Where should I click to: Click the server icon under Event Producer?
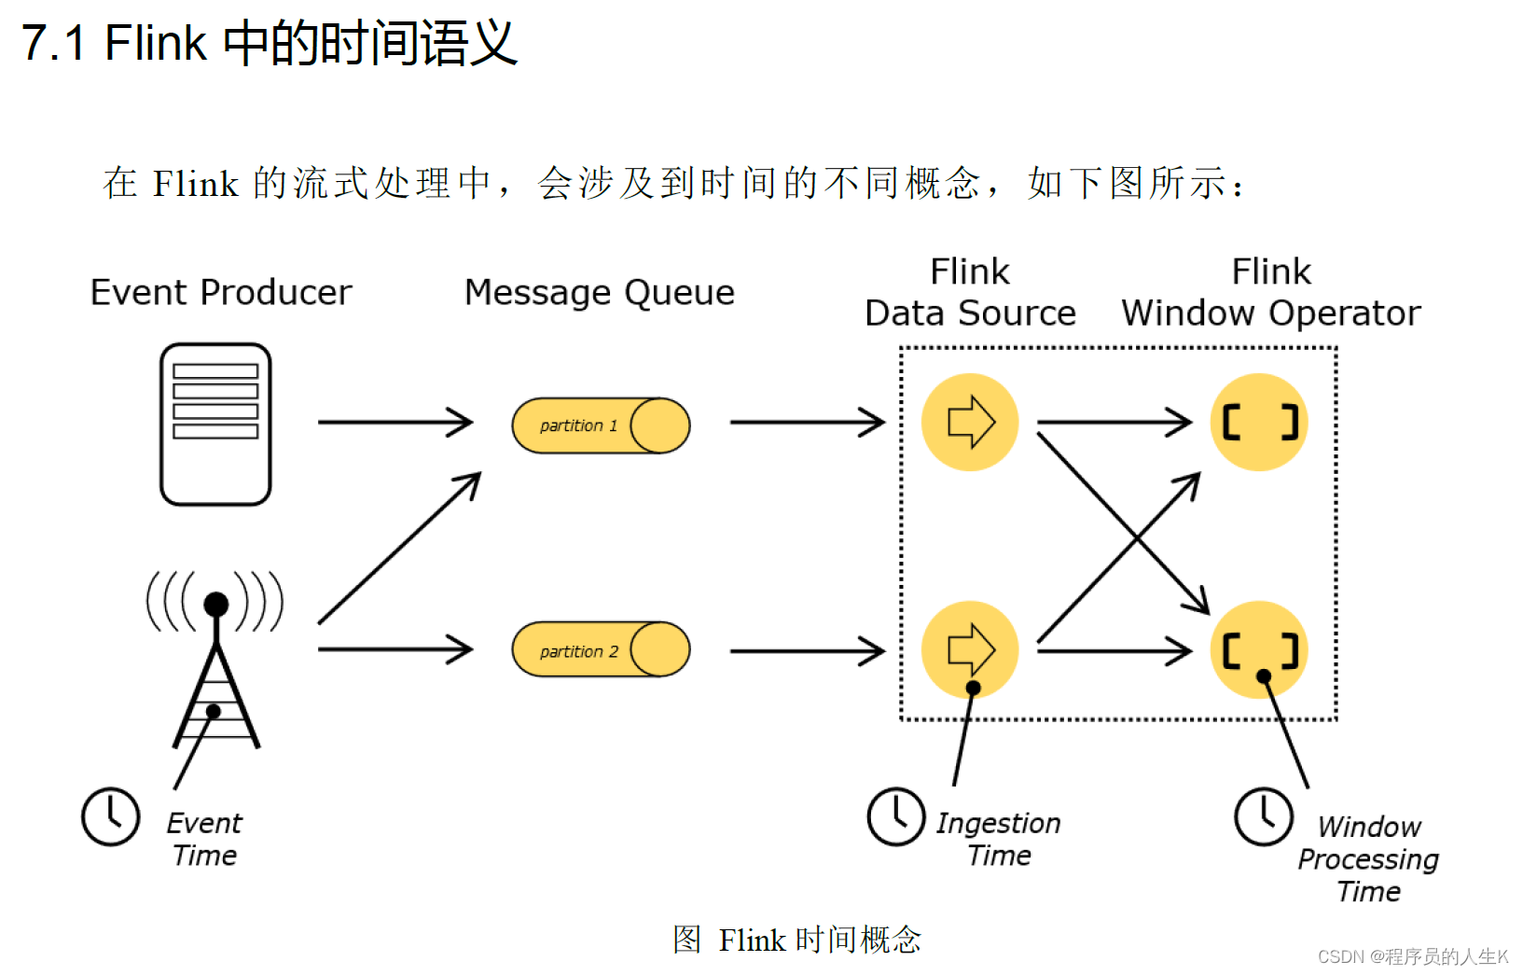coord(215,424)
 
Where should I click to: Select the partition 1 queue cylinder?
coord(601,425)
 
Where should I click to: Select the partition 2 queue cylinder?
coord(601,649)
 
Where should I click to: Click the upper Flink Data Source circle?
coord(970,423)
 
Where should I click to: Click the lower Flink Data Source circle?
coord(970,649)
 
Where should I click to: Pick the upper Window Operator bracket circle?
coord(1259,423)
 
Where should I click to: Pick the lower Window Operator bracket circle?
coord(1259,649)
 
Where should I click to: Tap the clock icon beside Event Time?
coord(111,816)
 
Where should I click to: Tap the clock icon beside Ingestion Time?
coord(896,816)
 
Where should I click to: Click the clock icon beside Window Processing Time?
coord(1264,816)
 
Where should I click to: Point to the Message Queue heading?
coord(600,293)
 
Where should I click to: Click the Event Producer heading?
coord(221,293)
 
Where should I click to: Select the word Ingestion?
coord(999,824)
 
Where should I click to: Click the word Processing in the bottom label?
coord(1368,859)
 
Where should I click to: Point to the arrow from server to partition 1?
coord(395,423)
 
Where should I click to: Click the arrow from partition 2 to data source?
coord(807,650)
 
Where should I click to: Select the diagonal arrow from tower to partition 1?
coord(399,549)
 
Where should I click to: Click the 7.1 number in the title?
coord(54,43)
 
